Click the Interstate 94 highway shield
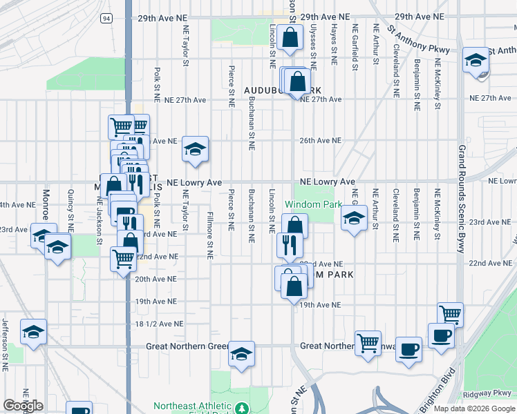point(106,17)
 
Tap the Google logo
point(23,406)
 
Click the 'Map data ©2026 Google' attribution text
point(474,408)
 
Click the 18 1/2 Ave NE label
point(159,324)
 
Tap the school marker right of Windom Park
point(354,219)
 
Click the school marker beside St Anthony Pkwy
point(476,60)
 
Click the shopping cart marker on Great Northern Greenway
point(368,342)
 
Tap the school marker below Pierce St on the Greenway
point(242,354)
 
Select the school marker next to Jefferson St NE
point(33,332)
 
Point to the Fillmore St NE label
point(209,235)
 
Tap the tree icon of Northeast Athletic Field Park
point(242,408)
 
